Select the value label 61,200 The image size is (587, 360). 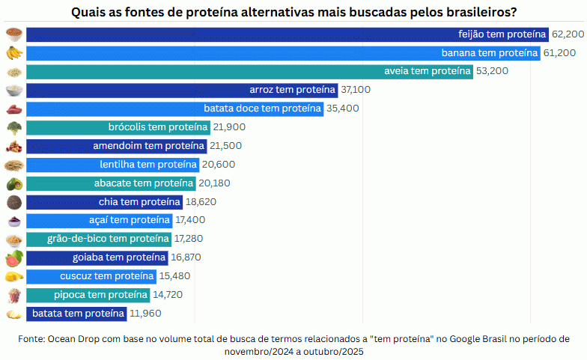pos(561,53)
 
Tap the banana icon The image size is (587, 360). pos(13,53)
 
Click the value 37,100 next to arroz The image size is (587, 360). pos(356,90)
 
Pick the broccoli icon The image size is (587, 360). pos(13,127)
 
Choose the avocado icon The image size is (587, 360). pos(13,183)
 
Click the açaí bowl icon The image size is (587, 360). pos(13,221)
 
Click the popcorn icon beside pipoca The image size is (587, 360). pos(13,295)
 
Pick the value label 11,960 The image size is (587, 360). pos(145,314)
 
